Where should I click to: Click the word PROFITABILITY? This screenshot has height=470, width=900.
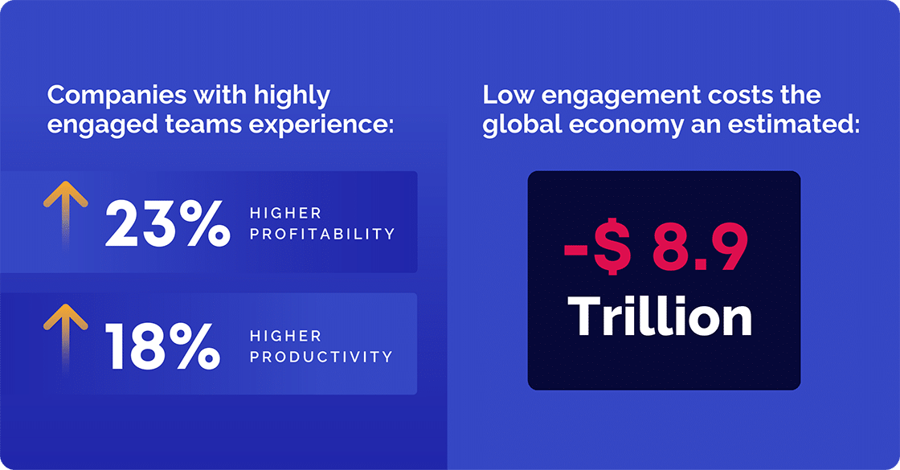[322, 234]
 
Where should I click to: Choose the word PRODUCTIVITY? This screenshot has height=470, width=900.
[321, 356]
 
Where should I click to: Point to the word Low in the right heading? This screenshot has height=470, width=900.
[508, 96]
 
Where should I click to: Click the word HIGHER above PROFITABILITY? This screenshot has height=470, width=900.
[285, 214]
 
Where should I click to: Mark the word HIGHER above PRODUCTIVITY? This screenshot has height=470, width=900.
[285, 336]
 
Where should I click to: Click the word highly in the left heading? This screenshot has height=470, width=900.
[292, 96]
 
